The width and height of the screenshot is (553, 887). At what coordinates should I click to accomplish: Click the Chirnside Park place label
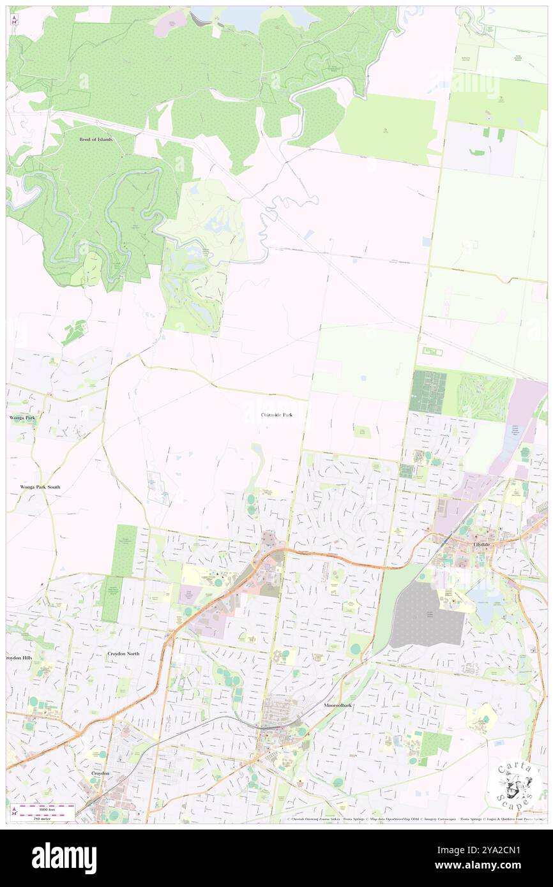[276, 415]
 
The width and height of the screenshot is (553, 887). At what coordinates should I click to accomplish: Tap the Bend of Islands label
[96, 139]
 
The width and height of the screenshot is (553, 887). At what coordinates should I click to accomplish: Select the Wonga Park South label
[40, 487]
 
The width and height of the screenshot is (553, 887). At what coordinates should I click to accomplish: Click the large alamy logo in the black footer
[64, 858]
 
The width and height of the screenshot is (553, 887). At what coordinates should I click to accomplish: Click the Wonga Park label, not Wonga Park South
[22, 417]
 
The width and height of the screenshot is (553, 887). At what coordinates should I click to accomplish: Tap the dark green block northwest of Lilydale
[427, 391]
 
